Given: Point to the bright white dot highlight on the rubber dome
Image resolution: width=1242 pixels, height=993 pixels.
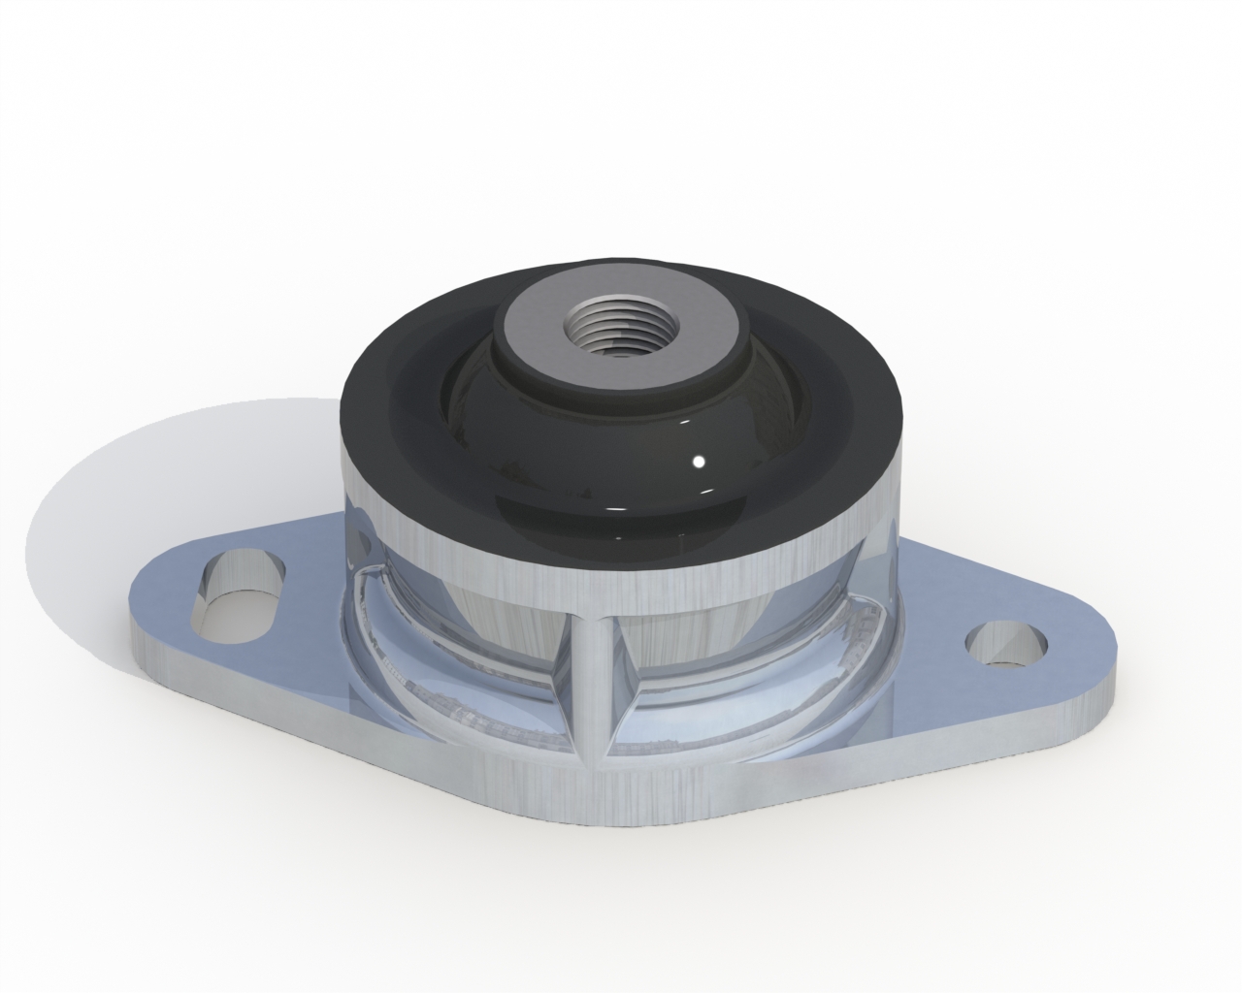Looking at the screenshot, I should tap(697, 461).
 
